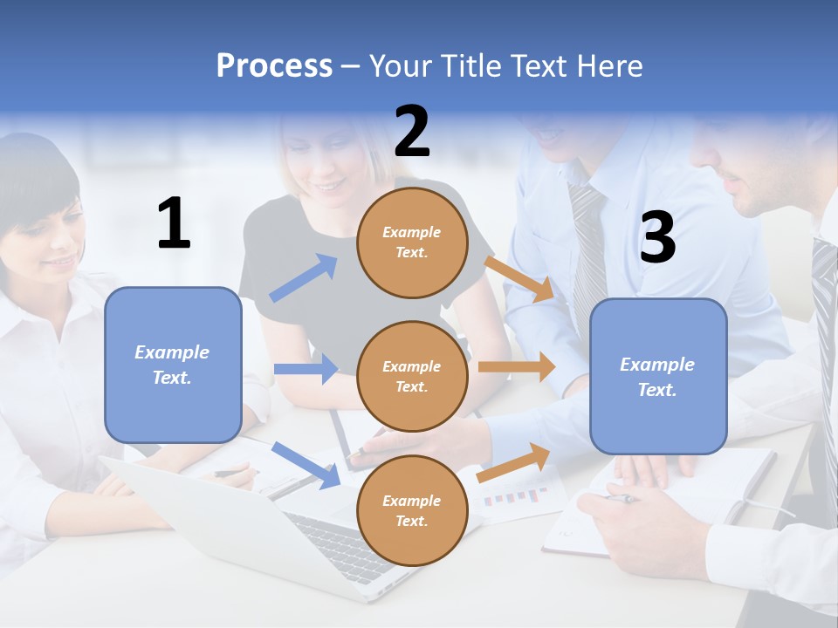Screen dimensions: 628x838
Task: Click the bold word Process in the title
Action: [274, 66]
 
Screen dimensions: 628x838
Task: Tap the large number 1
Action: [174, 223]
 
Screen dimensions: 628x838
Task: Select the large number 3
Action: [657, 237]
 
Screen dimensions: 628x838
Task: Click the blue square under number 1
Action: [173, 365]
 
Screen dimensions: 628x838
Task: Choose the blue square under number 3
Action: [658, 376]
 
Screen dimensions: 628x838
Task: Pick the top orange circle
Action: [412, 242]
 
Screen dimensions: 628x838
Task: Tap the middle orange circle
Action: [412, 376]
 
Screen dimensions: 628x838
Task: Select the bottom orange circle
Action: [412, 510]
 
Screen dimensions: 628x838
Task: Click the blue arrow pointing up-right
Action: [304, 278]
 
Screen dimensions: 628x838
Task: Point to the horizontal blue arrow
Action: [306, 369]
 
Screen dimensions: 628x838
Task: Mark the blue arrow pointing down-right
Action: [306, 465]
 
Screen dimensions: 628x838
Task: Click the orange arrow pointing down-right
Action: [519, 278]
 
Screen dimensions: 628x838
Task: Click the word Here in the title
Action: [610, 66]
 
